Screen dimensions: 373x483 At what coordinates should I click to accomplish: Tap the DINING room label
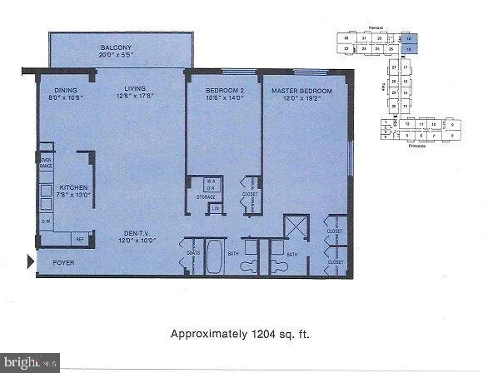(66, 89)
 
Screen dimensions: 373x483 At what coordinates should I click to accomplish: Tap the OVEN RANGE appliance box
(46, 164)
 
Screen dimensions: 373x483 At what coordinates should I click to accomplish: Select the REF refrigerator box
(81, 238)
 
